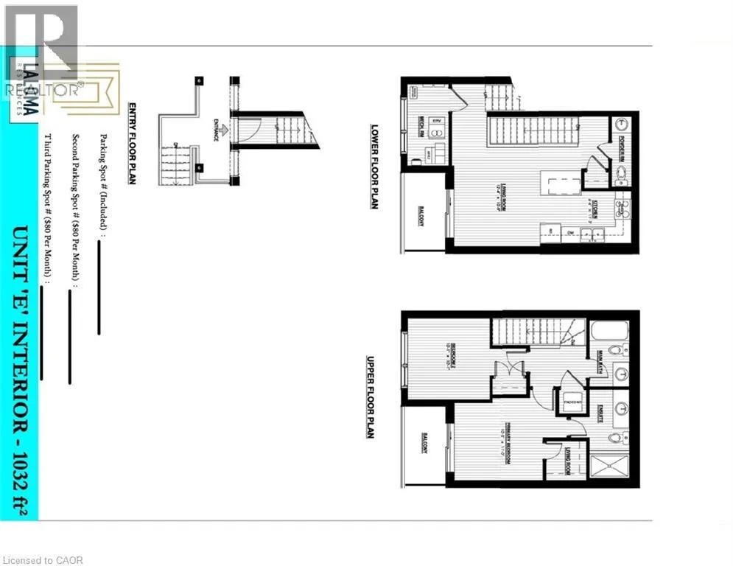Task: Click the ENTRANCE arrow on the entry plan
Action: (x=221, y=131)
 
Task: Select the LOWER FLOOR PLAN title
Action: (x=374, y=166)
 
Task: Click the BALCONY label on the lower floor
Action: (x=421, y=215)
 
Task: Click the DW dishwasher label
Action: (x=570, y=234)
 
